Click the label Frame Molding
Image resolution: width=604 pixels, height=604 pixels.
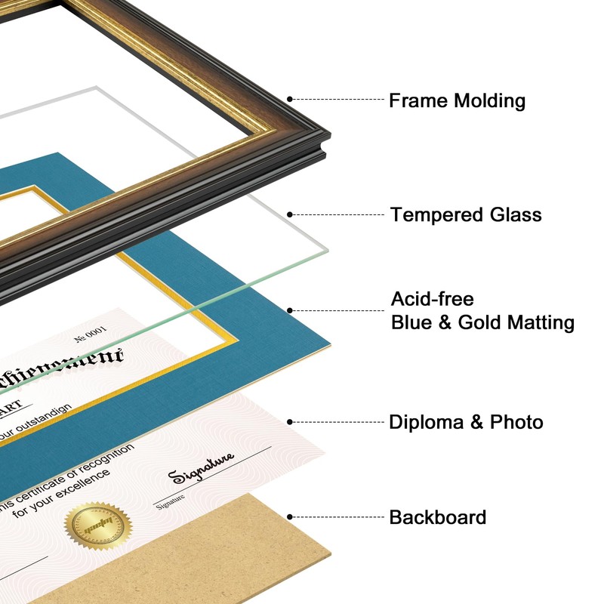point(457,100)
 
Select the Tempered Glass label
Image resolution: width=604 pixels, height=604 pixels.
point(466,215)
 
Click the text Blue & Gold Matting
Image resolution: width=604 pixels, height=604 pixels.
point(482,323)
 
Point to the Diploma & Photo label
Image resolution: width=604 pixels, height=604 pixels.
point(466,422)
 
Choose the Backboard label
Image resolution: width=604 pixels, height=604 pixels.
point(437,518)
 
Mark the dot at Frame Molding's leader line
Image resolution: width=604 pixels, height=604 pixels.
point(290,99)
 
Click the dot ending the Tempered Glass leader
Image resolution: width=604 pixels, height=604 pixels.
point(290,215)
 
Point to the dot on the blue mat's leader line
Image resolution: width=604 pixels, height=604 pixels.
point(290,310)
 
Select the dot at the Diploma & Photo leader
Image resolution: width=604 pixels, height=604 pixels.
point(290,422)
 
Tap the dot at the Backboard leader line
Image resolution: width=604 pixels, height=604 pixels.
point(290,518)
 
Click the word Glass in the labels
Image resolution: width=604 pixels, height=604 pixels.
point(516,215)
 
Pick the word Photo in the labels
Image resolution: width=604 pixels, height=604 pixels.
point(517,422)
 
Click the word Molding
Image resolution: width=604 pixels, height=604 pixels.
point(489,100)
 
